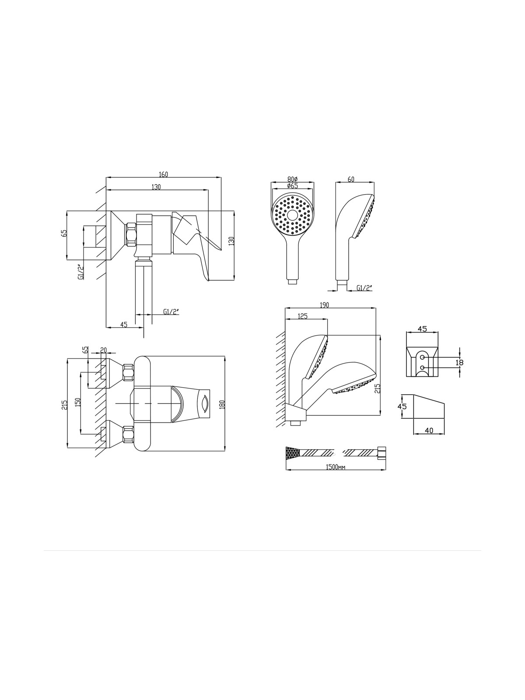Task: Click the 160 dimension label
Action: coord(163,175)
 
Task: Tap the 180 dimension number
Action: coord(222,404)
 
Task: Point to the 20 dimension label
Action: coord(103,350)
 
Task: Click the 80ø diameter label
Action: coord(292,179)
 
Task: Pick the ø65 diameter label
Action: coord(292,185)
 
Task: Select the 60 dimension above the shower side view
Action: coord(351,179)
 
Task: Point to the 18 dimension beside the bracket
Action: coord(459,362)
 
